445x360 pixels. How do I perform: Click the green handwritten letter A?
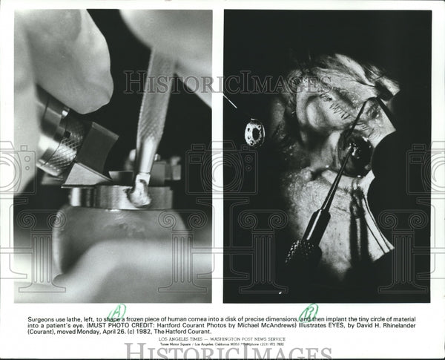[117, 312]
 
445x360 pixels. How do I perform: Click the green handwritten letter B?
[309, 312]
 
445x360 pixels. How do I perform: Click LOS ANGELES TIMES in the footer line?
[182, 339]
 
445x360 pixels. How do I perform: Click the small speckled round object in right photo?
[254, 132]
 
